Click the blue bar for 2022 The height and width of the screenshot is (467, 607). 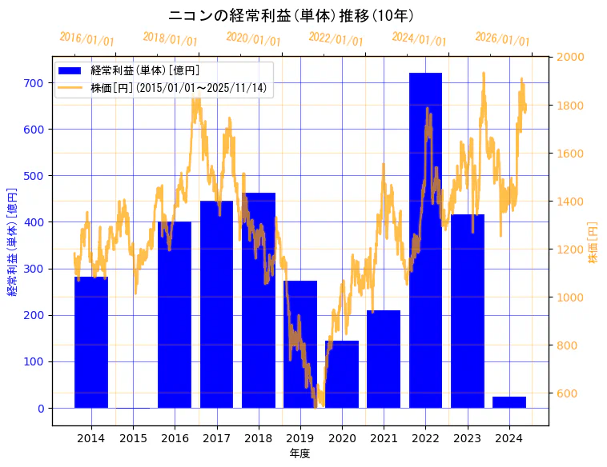(x=425, y=240)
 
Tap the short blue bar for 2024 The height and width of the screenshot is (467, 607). (x=509, y=402)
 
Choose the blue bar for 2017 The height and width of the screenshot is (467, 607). (x=216, y=304)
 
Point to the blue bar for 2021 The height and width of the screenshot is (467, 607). (x=384, y=359)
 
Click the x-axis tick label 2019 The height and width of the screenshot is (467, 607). (x=300, y=438)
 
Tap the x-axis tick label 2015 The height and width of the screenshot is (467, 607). (x=133, y=438)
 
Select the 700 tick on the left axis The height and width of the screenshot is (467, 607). (x=34, y=83)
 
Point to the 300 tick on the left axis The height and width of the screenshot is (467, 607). (x=34, y=269)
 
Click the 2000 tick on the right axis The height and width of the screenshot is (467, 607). (x=571, y=57)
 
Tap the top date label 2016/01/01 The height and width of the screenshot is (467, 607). (x=86, y=38)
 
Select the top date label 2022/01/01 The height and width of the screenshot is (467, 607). (x=336, y=38)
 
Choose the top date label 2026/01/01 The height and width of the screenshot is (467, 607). (x=502, y=38)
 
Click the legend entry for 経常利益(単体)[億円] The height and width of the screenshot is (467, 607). (x=144, y=71)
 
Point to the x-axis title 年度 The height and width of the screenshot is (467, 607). (x=299, y=453)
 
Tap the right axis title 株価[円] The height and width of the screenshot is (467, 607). (x=593, y=244)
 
